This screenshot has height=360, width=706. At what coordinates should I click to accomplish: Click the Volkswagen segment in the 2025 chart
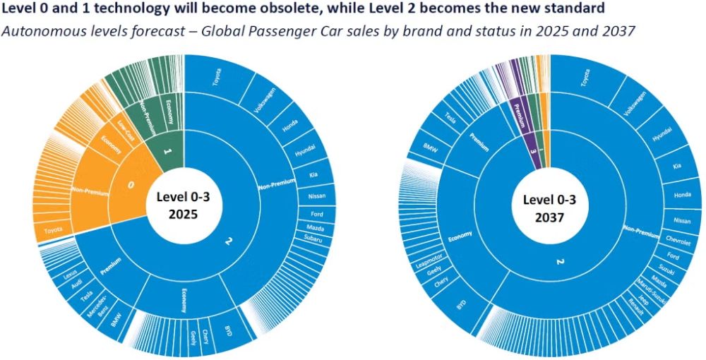(x=260, y=103)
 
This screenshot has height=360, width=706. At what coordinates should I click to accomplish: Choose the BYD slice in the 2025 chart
(x=227, y=330)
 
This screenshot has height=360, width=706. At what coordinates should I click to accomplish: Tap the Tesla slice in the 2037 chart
(x=450, y=119)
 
